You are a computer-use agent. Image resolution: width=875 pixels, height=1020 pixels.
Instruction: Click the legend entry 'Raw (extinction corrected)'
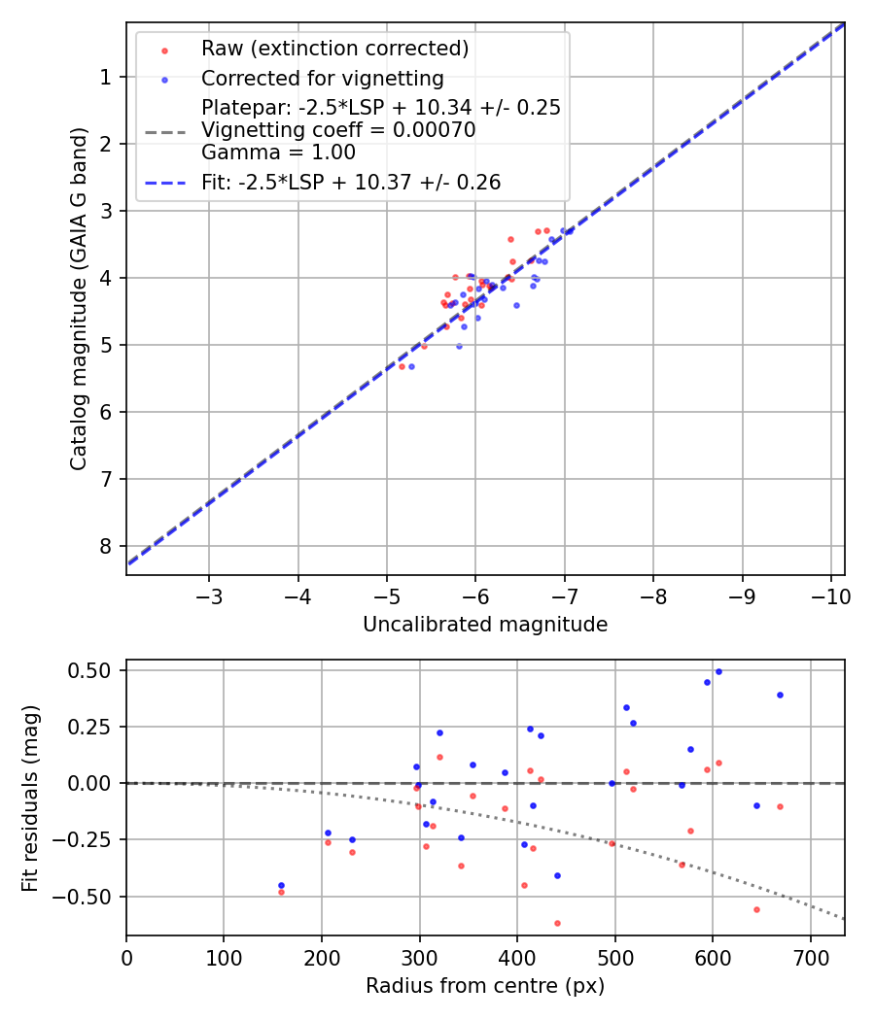[x=334, y=49]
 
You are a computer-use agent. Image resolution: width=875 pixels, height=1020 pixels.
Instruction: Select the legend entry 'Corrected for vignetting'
[x=322, y=79]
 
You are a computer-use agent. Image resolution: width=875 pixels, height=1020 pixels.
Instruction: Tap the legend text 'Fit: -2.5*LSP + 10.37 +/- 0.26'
[x=351, y=183]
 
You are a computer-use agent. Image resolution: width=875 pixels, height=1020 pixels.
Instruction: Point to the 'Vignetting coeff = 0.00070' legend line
[x=338, y=130]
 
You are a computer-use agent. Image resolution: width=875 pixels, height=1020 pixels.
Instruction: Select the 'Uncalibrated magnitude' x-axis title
[x=485, y=625]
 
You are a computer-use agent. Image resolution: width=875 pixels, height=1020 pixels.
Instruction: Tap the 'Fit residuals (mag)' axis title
[x=29, y=798]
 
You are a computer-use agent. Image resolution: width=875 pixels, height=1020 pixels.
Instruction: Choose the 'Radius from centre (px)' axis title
[x=485, y=986]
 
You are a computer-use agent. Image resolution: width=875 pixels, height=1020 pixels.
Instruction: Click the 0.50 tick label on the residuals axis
[x=92, y=670]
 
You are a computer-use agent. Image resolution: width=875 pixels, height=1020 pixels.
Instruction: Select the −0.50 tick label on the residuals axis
[x=87, y=896]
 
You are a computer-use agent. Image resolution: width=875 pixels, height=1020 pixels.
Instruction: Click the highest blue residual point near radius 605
[x=718, y=671]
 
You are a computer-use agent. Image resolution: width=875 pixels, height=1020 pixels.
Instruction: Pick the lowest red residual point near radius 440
[x=557, y=923]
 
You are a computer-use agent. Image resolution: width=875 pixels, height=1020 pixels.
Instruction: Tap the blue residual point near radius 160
[x=281, y=885]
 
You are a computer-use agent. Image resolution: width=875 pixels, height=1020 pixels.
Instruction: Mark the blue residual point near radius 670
[x=780, y=695]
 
